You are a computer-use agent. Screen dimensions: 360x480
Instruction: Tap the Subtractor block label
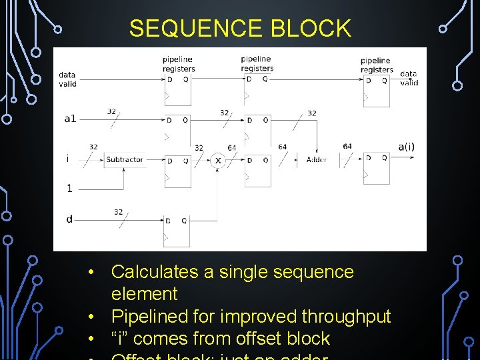125,159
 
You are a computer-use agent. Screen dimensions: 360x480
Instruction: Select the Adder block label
317,159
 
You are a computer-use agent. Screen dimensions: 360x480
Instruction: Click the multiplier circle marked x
217,160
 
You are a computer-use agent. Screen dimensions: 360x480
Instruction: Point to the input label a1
70,119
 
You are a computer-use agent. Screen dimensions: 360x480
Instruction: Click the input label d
69,219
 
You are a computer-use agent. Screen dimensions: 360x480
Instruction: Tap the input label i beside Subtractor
67,159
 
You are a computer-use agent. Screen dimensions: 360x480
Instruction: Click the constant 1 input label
69,188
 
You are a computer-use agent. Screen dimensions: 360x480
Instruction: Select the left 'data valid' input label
67,79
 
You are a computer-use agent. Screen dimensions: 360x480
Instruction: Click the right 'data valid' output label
409,78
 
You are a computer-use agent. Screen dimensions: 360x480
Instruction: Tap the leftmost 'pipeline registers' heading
179,65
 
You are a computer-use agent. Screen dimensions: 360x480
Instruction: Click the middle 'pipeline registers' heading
257,64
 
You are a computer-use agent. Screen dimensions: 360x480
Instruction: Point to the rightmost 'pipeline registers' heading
377,65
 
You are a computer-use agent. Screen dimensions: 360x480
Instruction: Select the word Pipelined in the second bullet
147,316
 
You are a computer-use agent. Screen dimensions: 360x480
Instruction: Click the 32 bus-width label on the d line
118,212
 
